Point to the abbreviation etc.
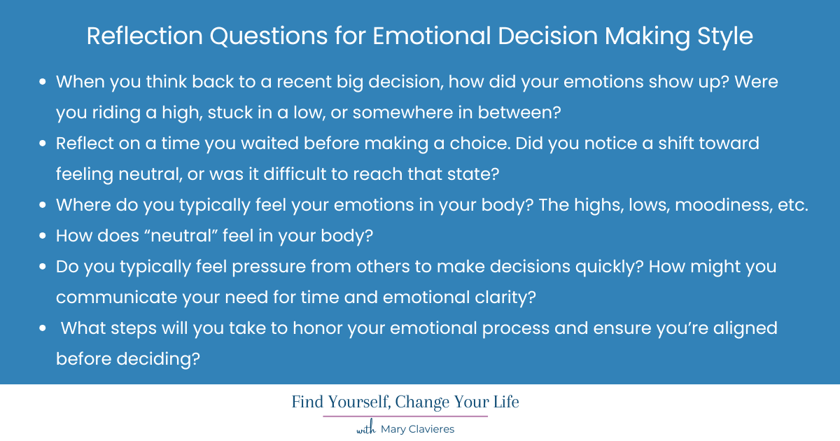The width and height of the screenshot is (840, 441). pos(792,205)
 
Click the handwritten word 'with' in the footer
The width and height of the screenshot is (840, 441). pos(367,429)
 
